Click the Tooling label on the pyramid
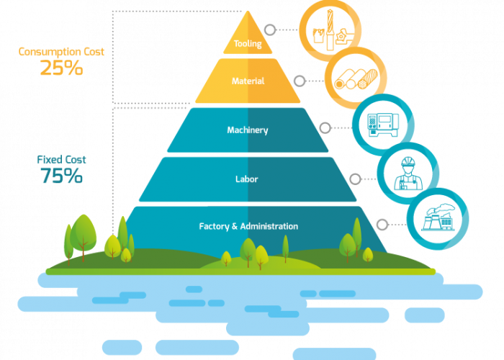(x=248, y=44)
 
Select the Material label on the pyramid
(x=248, y=81)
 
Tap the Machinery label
(x=248, y=130)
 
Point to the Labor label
(x=247, y=179)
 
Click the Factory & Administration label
(x=248, y=226)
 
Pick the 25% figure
(x=61, y=68)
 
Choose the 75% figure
(x=61, y=176)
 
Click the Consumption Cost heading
(x=61, y=52)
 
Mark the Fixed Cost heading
(x=61, y=159)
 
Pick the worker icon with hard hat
(x=408, y=173)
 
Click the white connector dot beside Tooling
(x=269, y=30)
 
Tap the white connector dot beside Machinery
(x=325, y=127)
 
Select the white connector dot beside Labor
(x=354, y=177)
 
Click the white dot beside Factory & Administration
(x=382, y=225)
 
